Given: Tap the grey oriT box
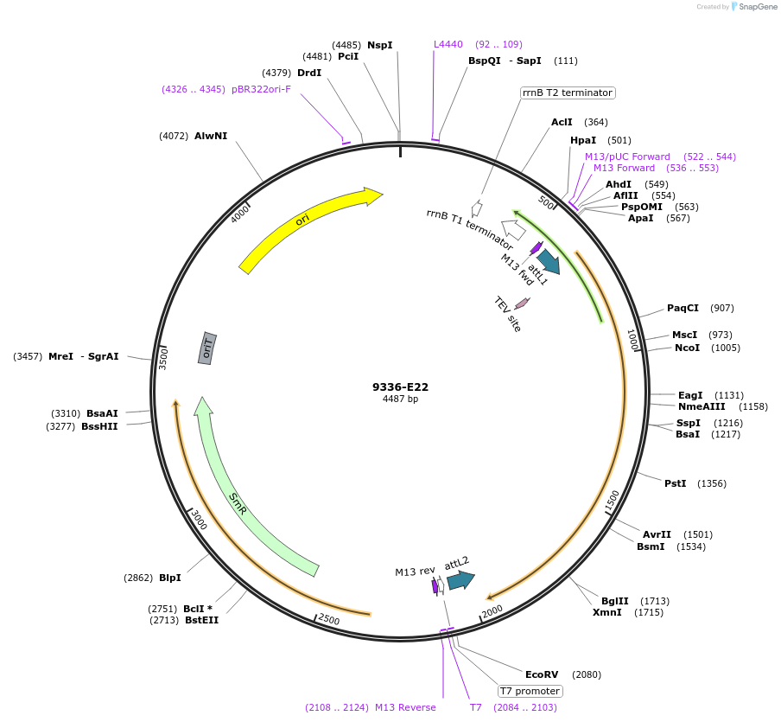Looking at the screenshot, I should [207, 348].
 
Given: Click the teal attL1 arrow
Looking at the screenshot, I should [548, 261].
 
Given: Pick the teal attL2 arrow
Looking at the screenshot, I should [460, 580].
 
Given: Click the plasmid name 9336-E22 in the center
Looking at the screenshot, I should [400, 387].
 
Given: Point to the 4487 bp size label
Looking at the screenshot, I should [400, 399].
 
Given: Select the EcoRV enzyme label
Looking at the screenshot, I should [542, 674].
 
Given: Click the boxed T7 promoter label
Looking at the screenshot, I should [530, 691].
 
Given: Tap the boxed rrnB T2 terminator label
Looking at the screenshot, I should [567, 93].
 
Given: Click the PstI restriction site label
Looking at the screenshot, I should [675, 483].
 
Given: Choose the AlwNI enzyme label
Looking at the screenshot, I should [211, 136].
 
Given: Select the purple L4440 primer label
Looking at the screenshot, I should [448, 44].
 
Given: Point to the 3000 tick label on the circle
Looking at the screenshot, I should [199, 520].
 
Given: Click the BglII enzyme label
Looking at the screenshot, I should [614, 601].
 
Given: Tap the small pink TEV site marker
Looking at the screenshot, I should [522, 303].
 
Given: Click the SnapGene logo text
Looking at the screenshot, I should [758, 7].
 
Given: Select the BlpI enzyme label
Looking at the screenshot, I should [170, 578].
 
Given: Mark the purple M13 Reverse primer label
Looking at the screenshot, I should [405, 707].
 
